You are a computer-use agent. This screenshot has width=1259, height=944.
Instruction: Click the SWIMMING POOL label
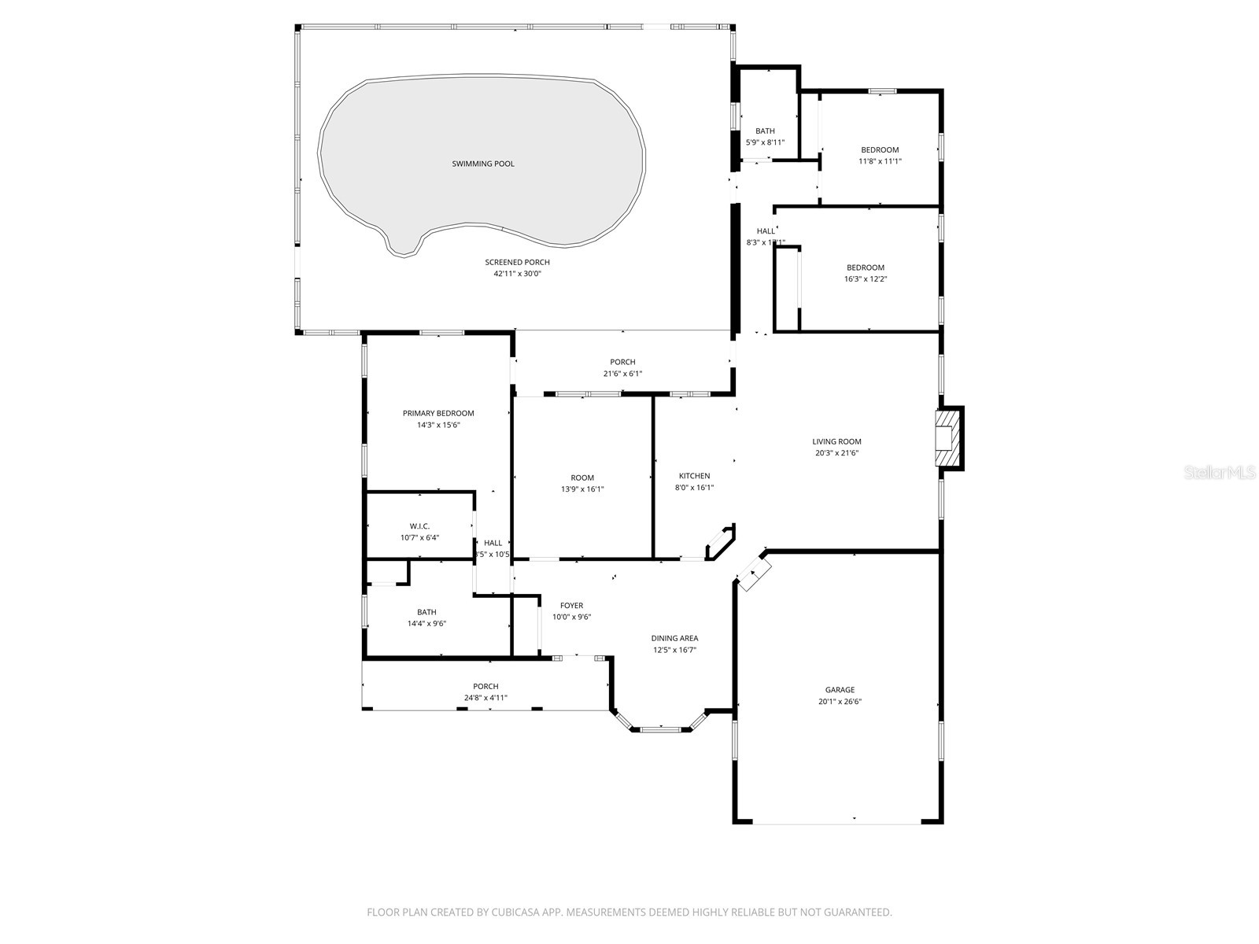[483, 164]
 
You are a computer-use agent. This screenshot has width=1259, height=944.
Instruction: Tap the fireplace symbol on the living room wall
[948, 438]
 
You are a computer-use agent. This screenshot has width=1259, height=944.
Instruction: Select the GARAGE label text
[840, 690]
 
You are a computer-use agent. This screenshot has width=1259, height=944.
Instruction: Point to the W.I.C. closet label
[419, 526]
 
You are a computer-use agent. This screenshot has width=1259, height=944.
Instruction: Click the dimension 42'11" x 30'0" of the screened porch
[517, 274]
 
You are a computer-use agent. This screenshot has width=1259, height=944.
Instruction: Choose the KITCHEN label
[694, 476]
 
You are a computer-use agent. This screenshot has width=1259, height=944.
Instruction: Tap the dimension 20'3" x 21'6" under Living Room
[836, 453]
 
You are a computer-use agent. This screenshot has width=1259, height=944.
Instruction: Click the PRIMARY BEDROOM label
[438, 413]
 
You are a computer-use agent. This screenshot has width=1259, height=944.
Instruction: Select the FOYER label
[571, 606]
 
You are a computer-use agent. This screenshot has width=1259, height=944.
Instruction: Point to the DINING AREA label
[674, 639]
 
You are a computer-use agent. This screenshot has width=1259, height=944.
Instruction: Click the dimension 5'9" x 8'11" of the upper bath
[765, 142]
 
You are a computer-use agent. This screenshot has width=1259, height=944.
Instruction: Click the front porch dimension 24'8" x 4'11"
[486, 698]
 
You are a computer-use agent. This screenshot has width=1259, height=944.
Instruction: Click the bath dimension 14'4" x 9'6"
[426, 624]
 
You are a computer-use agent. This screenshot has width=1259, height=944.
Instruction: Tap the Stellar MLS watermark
[1219, 473]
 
